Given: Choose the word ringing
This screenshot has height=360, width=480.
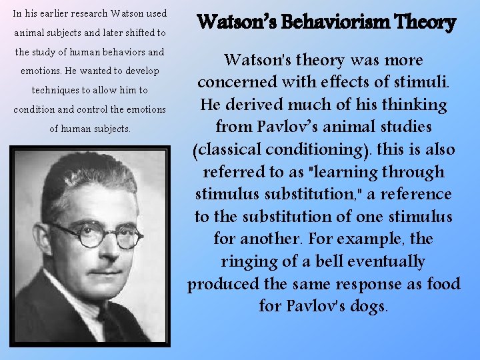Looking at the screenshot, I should point(250,261).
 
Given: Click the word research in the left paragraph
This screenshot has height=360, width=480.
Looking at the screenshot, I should point(85,13).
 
